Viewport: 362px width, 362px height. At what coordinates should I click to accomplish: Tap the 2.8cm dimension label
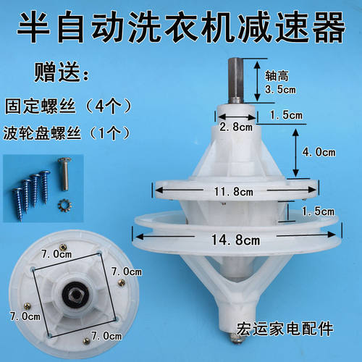[235, 127]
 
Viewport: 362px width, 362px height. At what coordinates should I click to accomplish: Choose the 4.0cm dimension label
[319, 153]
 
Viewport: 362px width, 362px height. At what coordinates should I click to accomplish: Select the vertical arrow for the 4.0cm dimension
[295, 153]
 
